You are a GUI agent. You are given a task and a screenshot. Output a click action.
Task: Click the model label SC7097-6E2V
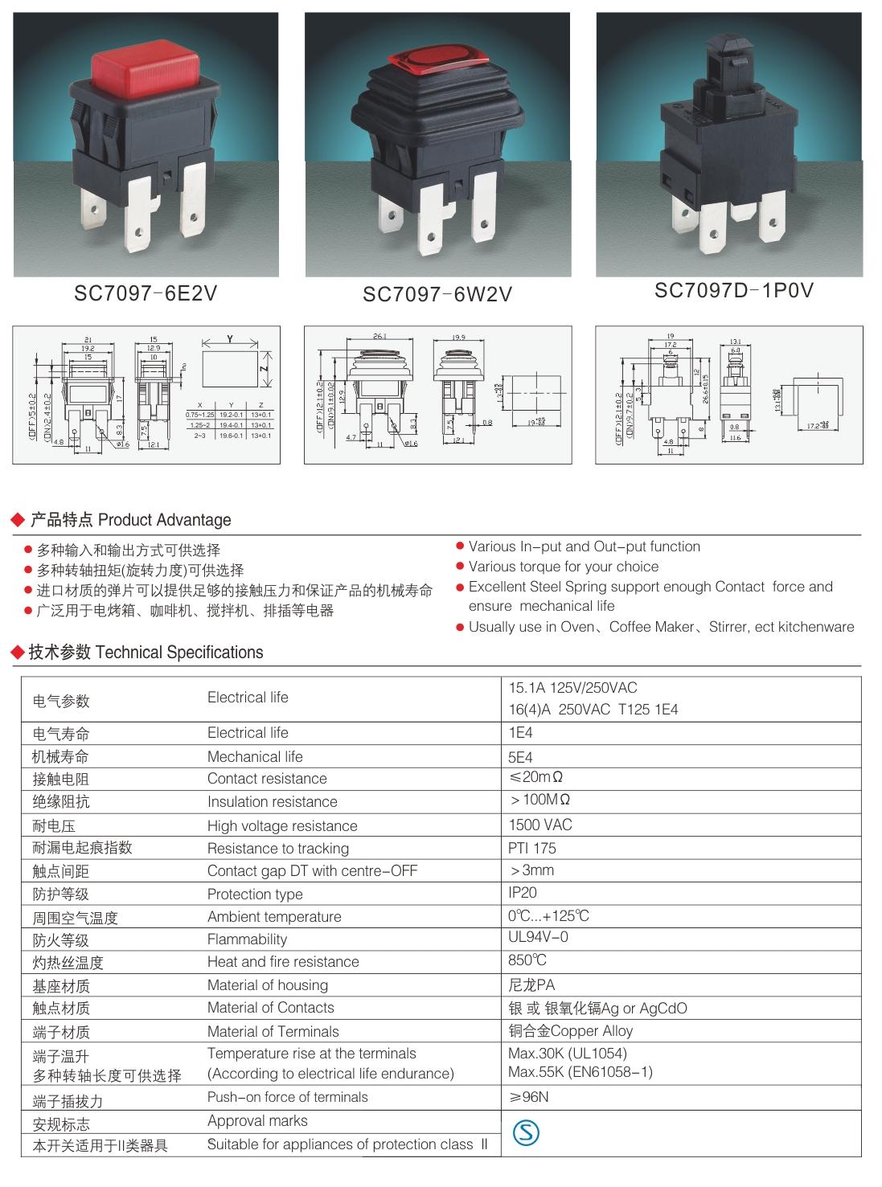point(146,294)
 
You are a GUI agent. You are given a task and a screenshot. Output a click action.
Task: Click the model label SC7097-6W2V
point(437,295)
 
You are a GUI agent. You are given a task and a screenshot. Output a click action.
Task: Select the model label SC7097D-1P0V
point(734,291)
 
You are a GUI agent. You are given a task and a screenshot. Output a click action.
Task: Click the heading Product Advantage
point(164,520)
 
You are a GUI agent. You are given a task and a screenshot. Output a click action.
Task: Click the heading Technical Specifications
point(178,653)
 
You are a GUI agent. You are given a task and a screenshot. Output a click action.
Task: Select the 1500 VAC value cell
point(540,825)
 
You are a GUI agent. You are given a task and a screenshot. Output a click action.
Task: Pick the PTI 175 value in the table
point(532,848)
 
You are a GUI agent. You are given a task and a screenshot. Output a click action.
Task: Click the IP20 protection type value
point(523,892)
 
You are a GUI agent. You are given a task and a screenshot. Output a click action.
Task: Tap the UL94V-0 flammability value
point(538,937)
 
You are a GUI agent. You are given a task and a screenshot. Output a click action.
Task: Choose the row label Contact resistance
point(267,778)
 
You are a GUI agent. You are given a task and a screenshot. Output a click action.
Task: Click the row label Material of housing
point(267,984)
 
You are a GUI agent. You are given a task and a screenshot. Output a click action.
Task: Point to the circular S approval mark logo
point(526,1133)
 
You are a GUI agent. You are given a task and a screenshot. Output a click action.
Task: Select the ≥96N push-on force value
point(528,1097)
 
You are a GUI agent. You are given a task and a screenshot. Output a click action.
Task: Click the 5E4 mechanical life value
point(520,757)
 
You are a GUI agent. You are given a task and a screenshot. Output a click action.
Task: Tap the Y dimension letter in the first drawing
point(231,340)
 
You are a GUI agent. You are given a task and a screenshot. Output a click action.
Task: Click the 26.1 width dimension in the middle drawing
point(379,336)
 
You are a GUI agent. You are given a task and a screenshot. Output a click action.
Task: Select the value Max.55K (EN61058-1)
point(580,1072)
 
